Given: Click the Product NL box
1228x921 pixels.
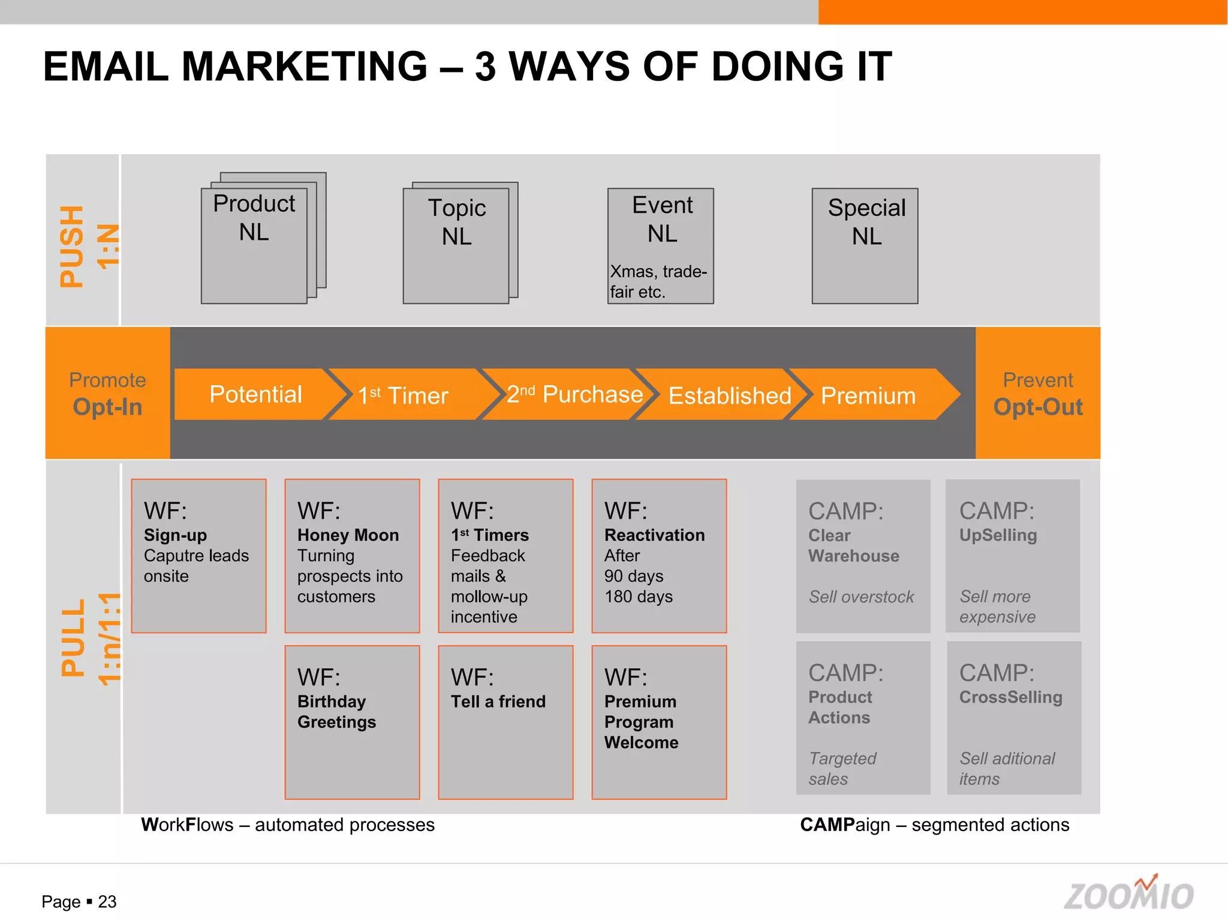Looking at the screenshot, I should point(254,246).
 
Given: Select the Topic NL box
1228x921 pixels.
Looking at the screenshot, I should point(456,246).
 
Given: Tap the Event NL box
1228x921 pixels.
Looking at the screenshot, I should point(661,246).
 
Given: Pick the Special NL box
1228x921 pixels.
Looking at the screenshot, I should point(865,246).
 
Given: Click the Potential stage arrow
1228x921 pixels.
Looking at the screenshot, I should point(255,394).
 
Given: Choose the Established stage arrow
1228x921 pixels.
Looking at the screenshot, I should point(726,395).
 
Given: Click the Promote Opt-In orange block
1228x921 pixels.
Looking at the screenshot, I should point(108,393).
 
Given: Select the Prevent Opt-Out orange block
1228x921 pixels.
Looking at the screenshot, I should point(1038,393).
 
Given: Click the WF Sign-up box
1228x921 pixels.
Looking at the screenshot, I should point(198,556).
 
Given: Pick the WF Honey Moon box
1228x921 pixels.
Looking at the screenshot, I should point(352,556).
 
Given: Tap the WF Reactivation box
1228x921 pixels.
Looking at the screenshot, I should point(659,556).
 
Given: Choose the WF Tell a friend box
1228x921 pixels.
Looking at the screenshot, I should point(505,722).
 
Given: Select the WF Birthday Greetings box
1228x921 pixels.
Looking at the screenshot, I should point(352,722).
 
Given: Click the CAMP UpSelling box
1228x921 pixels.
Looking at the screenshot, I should point(1013,556).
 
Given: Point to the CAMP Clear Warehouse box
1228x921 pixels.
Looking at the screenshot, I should point(863,556).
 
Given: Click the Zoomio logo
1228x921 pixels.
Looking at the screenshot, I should point(1129,893).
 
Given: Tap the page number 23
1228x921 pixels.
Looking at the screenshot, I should point(107,902).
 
